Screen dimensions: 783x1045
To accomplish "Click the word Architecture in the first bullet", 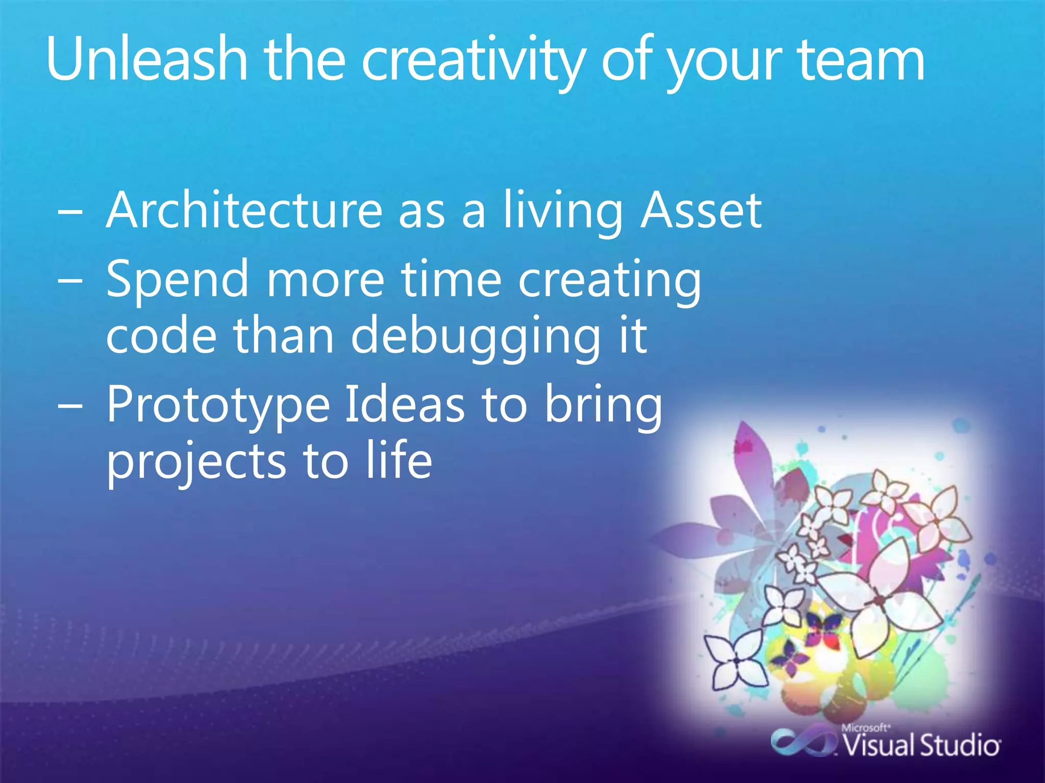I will click(244, 210).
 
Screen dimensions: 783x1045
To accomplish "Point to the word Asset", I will click(701, 210).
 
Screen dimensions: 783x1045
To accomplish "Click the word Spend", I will click(178, 279).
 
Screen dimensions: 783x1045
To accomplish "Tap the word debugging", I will click(476, 336).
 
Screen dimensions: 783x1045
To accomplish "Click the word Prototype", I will click(218, 405).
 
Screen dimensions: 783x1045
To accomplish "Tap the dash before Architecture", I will click(70, 214).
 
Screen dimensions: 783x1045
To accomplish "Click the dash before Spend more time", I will click(70, 282).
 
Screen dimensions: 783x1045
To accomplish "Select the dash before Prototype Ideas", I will click(70, 407).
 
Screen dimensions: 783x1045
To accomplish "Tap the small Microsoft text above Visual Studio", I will click(865, 728).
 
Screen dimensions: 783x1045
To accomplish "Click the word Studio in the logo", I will click(959, 746).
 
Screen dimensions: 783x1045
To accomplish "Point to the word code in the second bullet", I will click(161, 336).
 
